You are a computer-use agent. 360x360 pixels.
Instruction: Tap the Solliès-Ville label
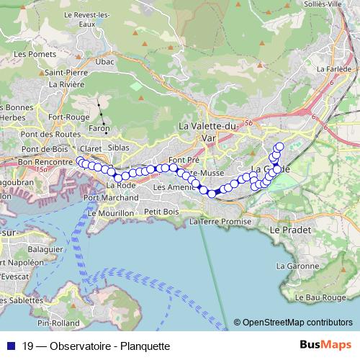point(336,4)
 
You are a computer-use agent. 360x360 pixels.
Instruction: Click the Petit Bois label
point(161,212)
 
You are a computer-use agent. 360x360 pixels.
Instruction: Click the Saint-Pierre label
point(66,73)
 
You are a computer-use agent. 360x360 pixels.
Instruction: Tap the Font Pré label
point(183,160)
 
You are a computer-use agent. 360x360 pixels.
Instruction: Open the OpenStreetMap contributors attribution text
point(297,323)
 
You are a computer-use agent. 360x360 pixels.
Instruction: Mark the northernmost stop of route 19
point(279,147)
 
